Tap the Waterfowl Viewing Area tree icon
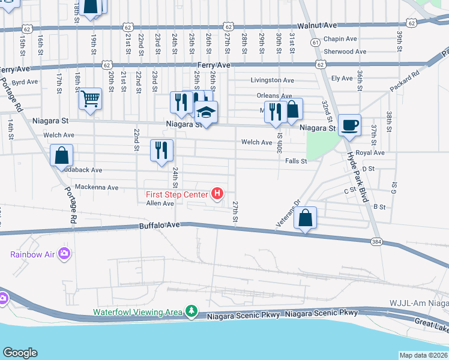pyautogui.click(x=191, y=311)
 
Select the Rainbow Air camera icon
pyautogui.click(x=64, y=254)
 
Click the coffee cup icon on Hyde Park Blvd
pyautogui.click(x=349, y=125)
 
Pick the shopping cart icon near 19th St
pyautogui.click(x=90, y=98)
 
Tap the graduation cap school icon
pyautogui.click(x=206, y=112)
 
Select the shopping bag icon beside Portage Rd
pyautogui.click(x=61, y=155)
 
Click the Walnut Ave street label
pyautogui.click(x=316, y=26)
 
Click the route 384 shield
pyautogui.click(x=377, y=241)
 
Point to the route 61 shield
pyautogui.click(x=316, y=41)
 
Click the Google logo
pyautogui.click(x=20, y=353)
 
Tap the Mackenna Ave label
pyautogui.click(x=97, y=187)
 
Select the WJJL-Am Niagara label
pyautogui.click(x=418, y=304)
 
